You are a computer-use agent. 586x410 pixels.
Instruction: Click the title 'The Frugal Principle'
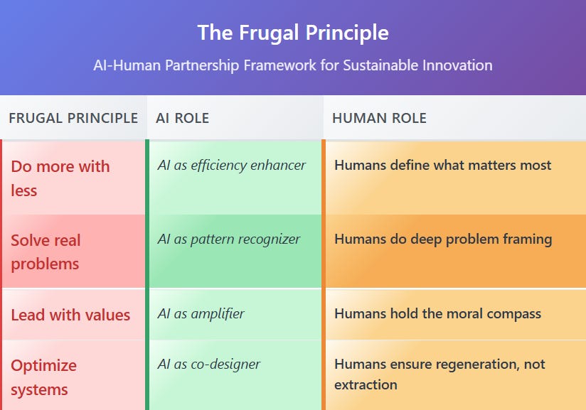pyautogui.click(x=293, y=33)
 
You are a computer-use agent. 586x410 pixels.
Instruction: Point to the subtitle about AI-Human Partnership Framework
pyautogui.click(x=293, y=65)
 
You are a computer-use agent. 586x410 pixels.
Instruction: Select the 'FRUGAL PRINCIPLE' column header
pyautogui.click(x=73, y=118)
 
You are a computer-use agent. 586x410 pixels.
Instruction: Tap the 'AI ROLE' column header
pyautogui.click(x=183, y=118)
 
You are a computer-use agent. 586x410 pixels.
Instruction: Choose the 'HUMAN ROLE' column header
pyautogui.click(x=379, y=118)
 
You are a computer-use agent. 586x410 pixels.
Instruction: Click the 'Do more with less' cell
pyautogui.click(x=60, y=178)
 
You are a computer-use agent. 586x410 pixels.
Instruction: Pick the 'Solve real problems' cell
pyautogui.click(x=46, y=252)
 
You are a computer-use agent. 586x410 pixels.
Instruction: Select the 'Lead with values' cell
pyautogui.click(x=70, y=315)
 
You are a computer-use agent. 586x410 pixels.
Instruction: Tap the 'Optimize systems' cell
pyautogui.click(x=43, y=377)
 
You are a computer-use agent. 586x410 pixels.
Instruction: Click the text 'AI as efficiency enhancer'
pyautogui.click(x=232, y=166)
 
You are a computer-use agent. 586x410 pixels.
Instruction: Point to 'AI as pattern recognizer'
pyautogui.click(x=229, y=239)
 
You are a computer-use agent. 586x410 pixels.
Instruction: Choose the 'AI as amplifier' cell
pyautogui.click(x=201, y=313)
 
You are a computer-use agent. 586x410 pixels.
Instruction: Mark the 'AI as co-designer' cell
pyautogui.click(x=209, y=365)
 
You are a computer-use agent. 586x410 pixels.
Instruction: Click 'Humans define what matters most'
pyautogui.click(x=443, y=165)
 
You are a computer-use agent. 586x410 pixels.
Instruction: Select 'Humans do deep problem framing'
pyautogui.click(x=443, y=239)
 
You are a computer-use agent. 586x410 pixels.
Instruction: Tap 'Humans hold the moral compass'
pyautogui.click(x=438, y=313)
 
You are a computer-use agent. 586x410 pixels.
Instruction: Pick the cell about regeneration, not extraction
pyautogui.click(x=439, y=374)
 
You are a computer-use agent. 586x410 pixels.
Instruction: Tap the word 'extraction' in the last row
pyautogui.click(x=366, y=384)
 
